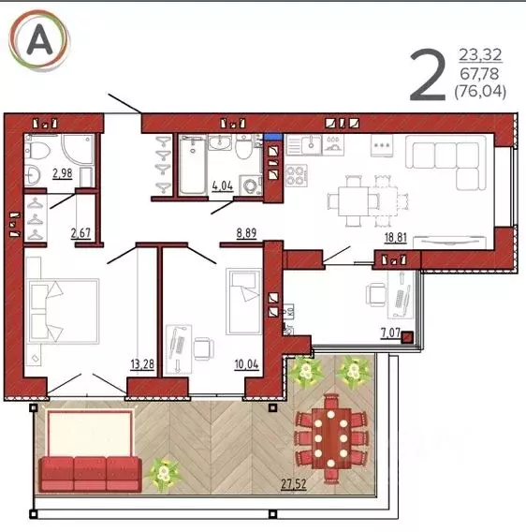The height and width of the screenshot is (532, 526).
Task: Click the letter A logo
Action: click(x=39, y=40)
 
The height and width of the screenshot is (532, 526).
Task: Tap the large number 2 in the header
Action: click(x=428, y=75)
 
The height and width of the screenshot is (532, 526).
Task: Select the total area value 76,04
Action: click(x=480, y=91)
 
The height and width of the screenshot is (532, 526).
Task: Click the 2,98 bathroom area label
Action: click(x=63, y=173)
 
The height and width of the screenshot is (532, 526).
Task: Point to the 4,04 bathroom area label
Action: click(x=223, y=185)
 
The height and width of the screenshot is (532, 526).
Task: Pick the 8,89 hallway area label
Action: click(x=246, y=233)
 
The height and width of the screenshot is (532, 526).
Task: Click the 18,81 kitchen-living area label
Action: click(x=395, y=238)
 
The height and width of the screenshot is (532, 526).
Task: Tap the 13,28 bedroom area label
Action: click(x=142, y=364)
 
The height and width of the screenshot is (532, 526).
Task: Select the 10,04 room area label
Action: click(x=246, y=364)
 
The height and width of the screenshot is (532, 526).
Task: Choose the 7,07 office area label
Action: click(x=390, y=332)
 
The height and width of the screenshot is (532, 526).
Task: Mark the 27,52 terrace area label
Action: click(x=294, y=484)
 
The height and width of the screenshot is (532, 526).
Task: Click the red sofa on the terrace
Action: click(x=90, y=474)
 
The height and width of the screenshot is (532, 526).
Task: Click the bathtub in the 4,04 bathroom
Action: click(x=192, y=165)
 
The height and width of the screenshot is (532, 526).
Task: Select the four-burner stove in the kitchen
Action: click(x=297, y=176)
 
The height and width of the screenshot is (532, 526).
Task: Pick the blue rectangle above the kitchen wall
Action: click(x=273, y=137)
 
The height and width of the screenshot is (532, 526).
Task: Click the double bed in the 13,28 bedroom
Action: click(x=64, y=311)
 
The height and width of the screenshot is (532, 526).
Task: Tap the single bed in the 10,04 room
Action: click(x=244, y=302)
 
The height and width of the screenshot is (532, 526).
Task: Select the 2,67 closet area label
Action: click(x=80, y=233)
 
